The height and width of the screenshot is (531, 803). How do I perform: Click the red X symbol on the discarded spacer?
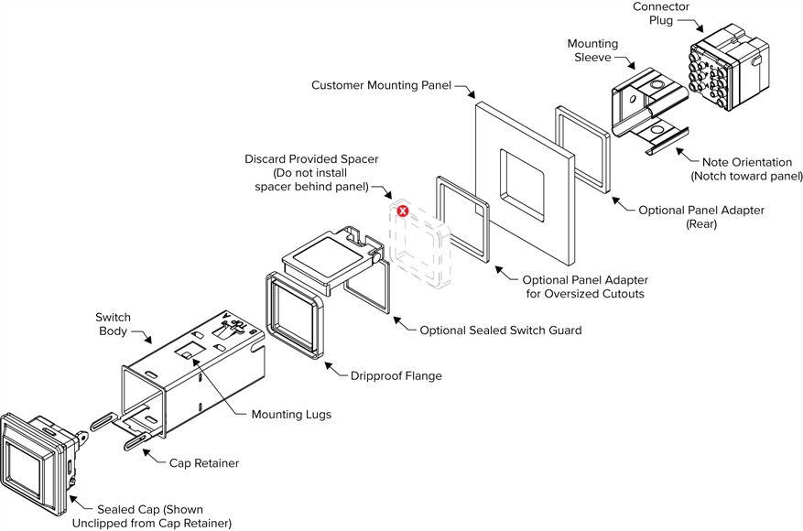pyautogui.click(x=402, y=211)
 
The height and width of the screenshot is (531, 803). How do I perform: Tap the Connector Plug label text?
pyautogui.click(x=660, y=14)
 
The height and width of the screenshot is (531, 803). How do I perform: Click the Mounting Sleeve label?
pyautogui.click(x=592, y=50)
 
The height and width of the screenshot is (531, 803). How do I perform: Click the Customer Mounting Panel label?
pyautogui.click(x=382, y=85)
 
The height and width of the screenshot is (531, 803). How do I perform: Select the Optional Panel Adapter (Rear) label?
pyautogui.click(x=701, y=217)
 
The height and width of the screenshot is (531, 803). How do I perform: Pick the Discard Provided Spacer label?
pyautogui.click(x=311, y=173)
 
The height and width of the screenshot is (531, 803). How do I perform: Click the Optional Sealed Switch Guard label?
pyautogui.click(x=500, y=330)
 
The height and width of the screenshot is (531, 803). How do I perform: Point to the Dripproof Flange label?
pyautogui.click(x=396, y=375)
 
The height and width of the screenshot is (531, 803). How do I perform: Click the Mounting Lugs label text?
pyautogui.click(x=291, y=415)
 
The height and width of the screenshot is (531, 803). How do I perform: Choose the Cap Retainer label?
pyautogui.click(x=203, y=463)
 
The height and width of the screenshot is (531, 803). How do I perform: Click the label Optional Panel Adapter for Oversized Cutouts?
pyautogui.click(x=584, y=287)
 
